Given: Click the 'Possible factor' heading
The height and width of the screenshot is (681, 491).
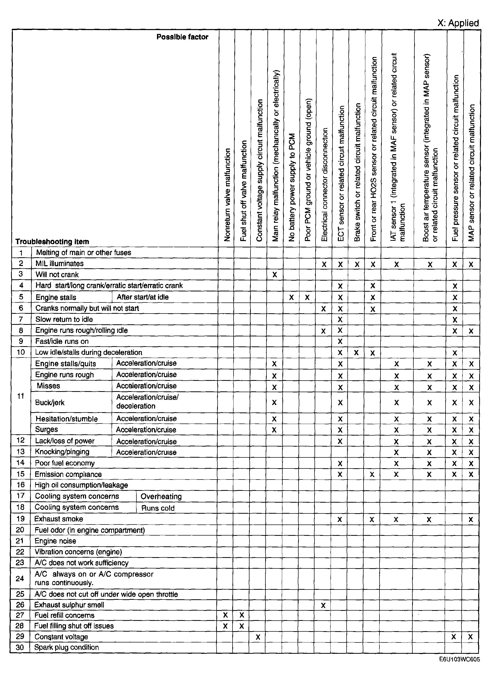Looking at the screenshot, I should (x=182, y=37).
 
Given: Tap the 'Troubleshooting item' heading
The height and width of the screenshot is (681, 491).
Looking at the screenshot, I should (x=52, y=241).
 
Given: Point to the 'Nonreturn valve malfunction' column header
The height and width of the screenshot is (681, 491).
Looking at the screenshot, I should (x=227, y=195).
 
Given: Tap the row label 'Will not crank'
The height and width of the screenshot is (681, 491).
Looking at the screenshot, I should (x=57, y=274).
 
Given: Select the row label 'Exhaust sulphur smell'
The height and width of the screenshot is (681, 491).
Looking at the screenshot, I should (x=69, y=605).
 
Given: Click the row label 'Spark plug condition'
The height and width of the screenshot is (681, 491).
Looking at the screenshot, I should (x=66, y=647).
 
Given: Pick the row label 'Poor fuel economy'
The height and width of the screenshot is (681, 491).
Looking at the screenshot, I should (x=64, y=463).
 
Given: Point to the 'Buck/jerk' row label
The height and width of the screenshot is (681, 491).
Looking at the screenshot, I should (x=50, y=402).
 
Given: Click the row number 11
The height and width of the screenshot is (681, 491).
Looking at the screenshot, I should (x=20, y=396).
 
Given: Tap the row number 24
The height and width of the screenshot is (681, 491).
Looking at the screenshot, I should (x=20, y=578).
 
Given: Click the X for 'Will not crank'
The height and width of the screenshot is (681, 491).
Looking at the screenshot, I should (x=274, y=275).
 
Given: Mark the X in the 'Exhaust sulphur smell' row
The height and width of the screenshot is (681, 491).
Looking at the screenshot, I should (x=323, y=605).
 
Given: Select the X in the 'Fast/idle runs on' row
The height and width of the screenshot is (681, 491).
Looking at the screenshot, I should (x=340, y=342).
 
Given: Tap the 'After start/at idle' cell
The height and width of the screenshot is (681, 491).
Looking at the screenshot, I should (x=143, y=297).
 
